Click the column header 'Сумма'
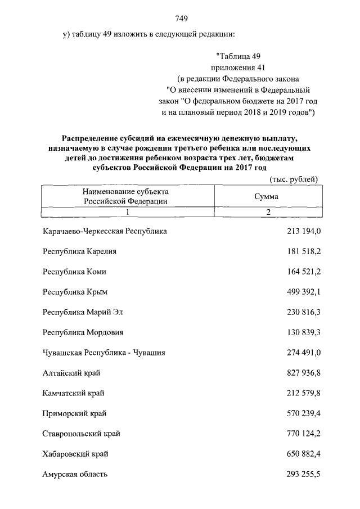coord(266,197)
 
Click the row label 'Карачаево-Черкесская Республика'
coord(105,231)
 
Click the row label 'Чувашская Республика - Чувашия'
coord(103,353)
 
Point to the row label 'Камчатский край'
coord(73,393)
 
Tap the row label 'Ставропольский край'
coord(81,434)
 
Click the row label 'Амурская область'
coord(75,474)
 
